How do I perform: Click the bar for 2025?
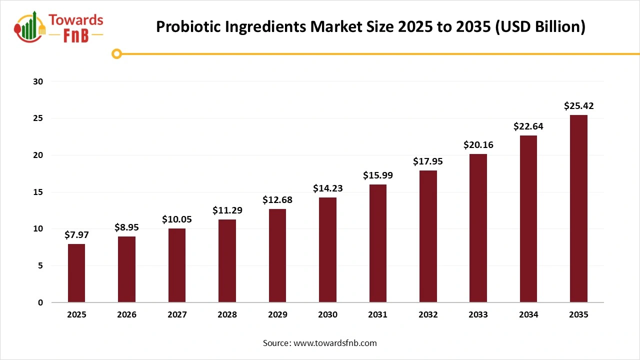[x=76, y=273]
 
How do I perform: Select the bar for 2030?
[x=327, y=250]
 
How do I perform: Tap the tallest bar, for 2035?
[x=578, y=208]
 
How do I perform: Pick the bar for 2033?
[x=478, y=228]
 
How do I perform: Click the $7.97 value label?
[x=76, y=235]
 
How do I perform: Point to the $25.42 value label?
[x=578, y=106]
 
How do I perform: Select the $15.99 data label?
[x=377, y=176]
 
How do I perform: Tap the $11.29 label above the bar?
[x=227, y=210]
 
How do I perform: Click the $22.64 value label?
[x=528, y=126]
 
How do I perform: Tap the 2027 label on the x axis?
[x=177, y=315]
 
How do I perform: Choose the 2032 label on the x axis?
[x=428, y=315]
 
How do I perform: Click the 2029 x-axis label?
[x=277, y=315]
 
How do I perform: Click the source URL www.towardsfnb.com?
[x=334, y=343]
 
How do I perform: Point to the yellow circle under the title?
[x=116, y=53]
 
